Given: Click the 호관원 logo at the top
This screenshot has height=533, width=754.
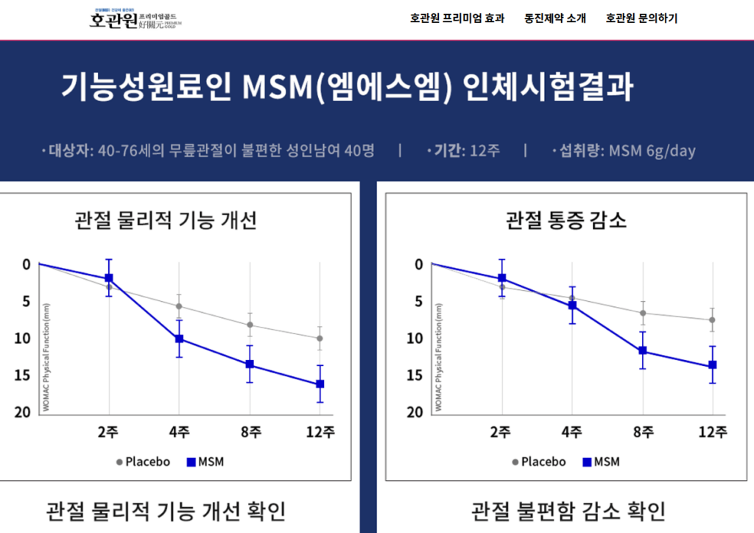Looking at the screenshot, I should pos(134,19).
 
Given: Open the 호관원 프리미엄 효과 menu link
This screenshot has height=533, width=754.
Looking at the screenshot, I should pos(457,18).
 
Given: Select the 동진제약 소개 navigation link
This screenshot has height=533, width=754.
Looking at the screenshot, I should pos(555,18).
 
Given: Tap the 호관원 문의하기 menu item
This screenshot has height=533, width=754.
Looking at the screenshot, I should pos(641,18).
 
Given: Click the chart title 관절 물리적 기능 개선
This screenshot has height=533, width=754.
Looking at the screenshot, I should pos(166,219).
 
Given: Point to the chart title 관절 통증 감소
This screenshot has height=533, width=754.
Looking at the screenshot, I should pos(566,219).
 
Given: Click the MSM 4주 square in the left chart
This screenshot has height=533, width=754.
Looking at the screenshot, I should pos(179,339).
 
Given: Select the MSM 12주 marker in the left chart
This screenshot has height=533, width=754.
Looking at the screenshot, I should pos(320,384).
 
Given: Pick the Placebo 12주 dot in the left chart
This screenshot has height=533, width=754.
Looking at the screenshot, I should pos(320,339).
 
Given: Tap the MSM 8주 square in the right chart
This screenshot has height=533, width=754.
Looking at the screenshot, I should pos(643,350).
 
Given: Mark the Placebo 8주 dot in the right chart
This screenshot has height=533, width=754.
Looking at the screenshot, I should pos(643,313).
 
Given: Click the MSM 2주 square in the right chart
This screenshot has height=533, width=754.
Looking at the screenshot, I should pos(502,278).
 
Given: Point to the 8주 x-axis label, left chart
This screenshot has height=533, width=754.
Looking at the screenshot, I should pos(250,432).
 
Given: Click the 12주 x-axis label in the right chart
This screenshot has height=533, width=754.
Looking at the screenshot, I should pos(713,432).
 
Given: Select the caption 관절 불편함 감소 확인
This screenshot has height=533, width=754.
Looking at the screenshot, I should pos(568,510).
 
